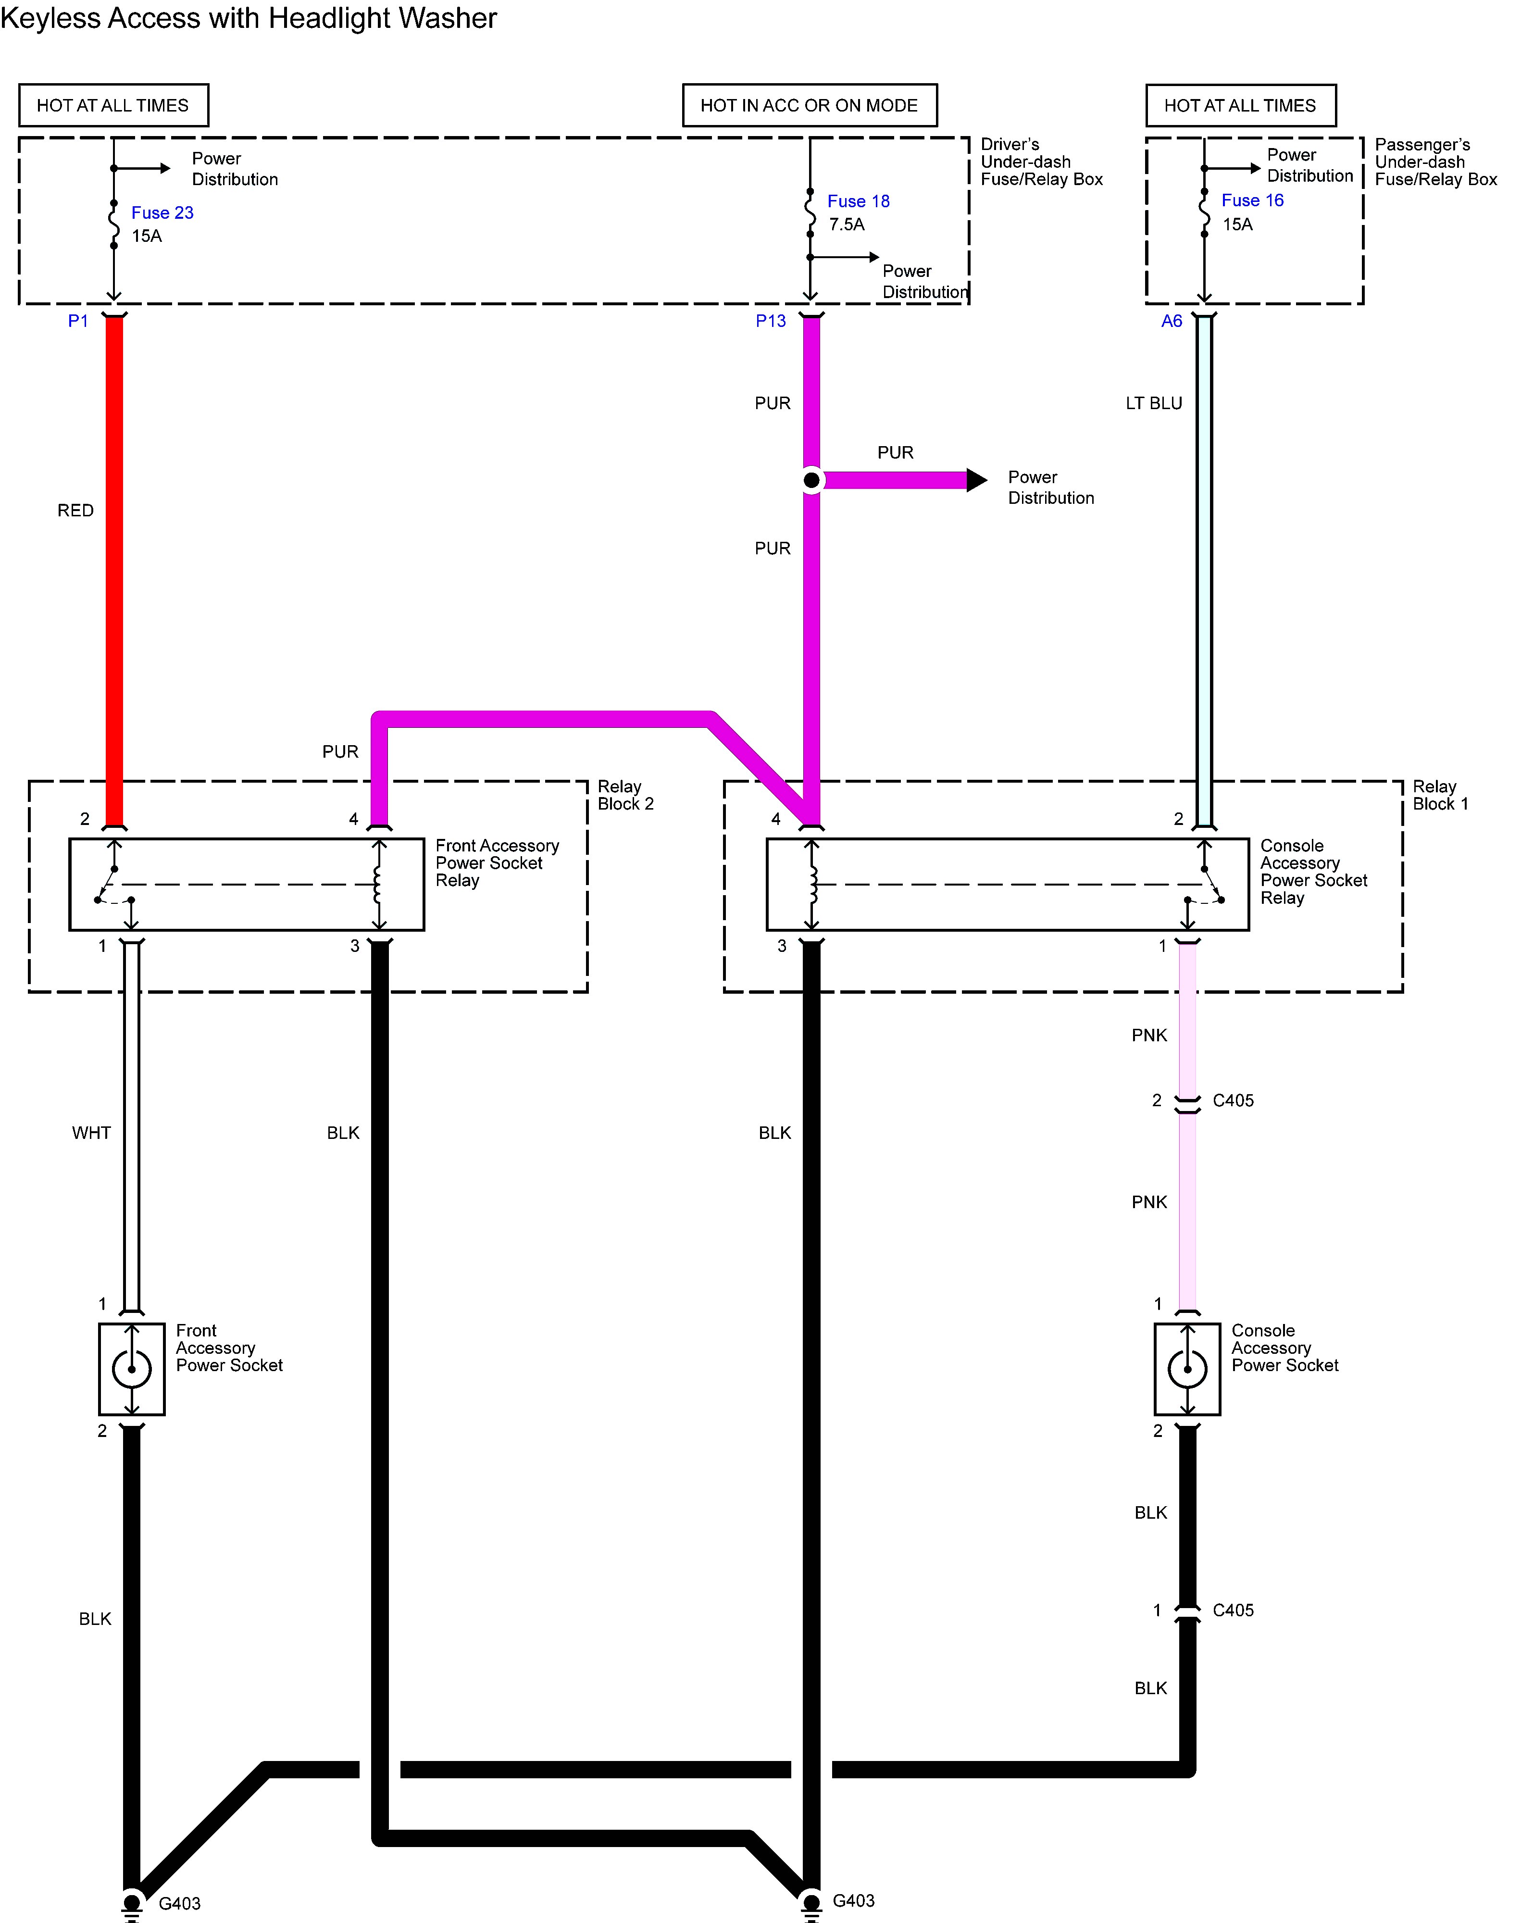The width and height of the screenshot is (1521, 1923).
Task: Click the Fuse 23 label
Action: coord(162,213)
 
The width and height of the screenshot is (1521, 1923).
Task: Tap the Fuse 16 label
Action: coord(1252,200)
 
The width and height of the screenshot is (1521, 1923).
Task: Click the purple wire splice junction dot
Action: coord(811,481)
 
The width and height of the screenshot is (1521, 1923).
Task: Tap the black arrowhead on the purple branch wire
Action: coord(977,481)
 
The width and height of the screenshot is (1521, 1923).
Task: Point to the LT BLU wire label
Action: coord(1153,403)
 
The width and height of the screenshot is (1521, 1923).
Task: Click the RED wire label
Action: coord(75,511)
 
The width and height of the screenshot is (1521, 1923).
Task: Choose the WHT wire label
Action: coord(92,1133)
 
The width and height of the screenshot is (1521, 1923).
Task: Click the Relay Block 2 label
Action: coord(625,795)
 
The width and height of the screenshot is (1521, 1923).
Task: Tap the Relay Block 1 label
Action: coord(1440,795)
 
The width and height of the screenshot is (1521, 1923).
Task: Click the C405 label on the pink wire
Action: coord(1233,1101)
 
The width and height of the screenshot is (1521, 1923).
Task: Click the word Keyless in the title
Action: coord(50,19)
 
